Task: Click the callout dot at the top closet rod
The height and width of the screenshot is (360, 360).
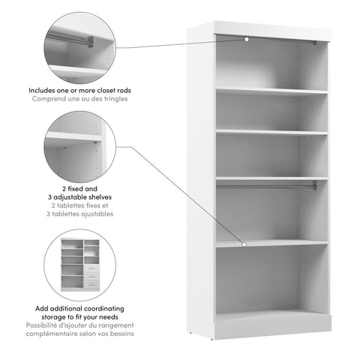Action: point(246,39)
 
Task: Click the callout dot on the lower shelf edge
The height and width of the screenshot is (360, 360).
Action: point(244,244)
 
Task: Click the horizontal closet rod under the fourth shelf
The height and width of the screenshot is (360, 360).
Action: point(270,184)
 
